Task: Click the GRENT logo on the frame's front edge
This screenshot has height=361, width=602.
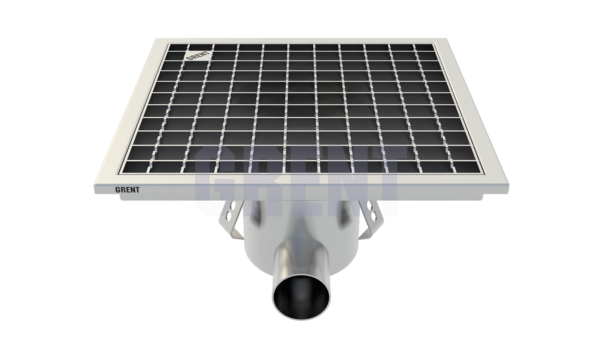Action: tap(127, 190)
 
